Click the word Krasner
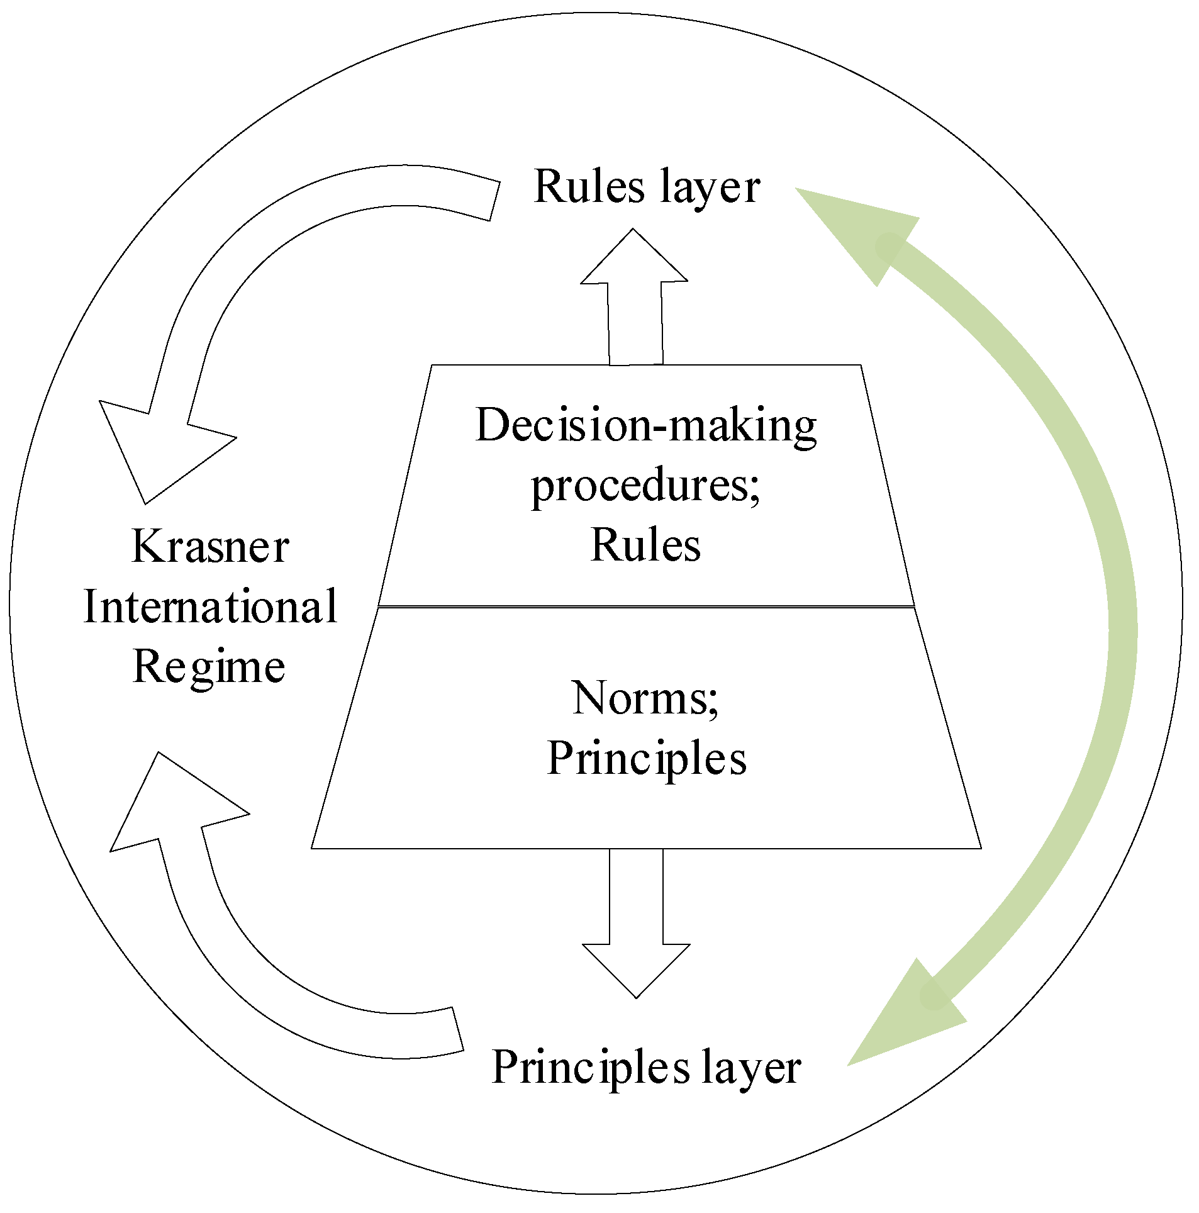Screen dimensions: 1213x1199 (210, 547)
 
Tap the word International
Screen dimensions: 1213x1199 (210, 606)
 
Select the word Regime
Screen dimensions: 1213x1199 (209, 667)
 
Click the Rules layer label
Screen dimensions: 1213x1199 (647, 187)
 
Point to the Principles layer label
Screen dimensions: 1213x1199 (646, 1067)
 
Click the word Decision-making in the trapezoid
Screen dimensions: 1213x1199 (646, 426)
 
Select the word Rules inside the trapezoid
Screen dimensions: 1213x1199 (646, 545)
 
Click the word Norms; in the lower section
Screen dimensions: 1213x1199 (646, 698)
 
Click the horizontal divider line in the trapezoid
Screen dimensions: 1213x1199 (646, 606)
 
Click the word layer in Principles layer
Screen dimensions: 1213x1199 (752, 1068)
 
